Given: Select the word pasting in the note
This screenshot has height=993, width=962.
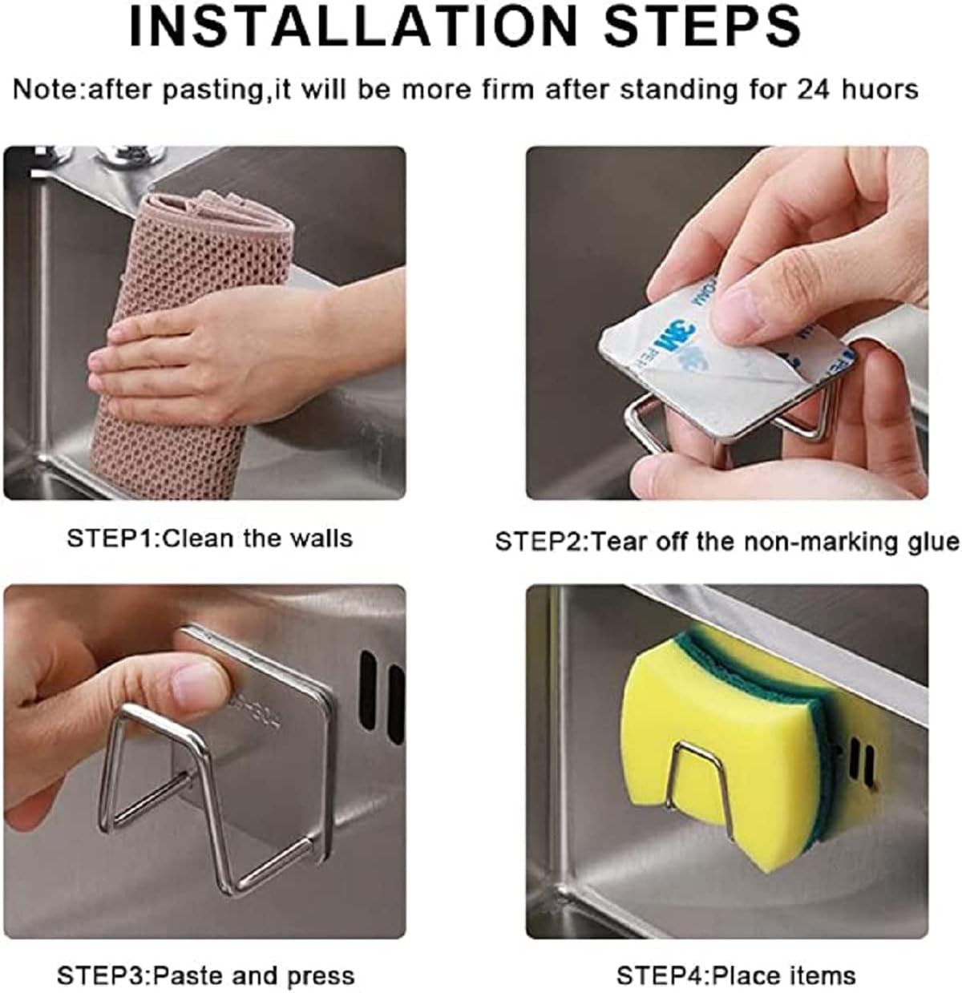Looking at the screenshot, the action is click(x=211, y=91).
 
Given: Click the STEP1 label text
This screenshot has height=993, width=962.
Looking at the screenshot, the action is click(x=111, y=539).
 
